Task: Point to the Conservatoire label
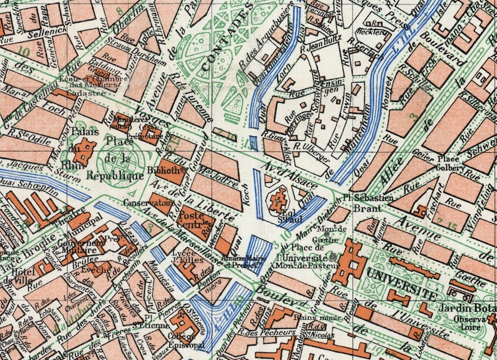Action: pos(148,203)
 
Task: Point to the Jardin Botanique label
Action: pos(471,307)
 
